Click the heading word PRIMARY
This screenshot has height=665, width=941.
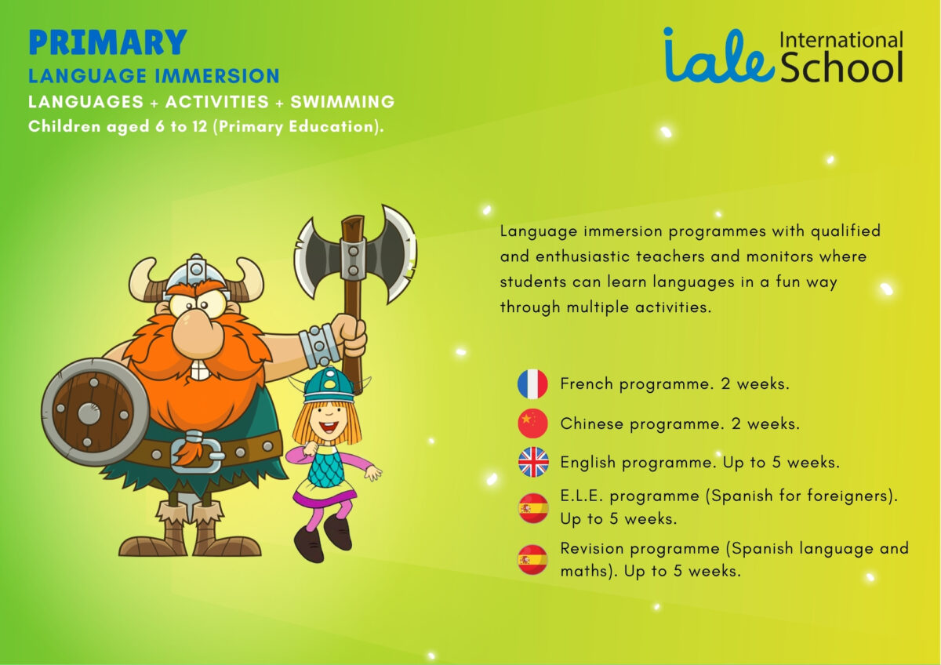(107, 42)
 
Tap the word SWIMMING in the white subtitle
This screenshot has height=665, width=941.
(343, 102)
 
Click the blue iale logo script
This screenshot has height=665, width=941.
(719, 55)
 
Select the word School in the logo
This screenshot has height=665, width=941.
(841, 67)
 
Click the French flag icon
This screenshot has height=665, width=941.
(532, 383)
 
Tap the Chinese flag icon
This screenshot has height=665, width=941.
(532, 423)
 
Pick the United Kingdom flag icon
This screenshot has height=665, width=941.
(533, 462)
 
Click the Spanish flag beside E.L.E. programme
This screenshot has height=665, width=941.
(533, 508)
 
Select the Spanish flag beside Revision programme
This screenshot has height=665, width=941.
(532, 560)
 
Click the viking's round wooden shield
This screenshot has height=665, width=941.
(95, 412)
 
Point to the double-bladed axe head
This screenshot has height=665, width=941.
(355, 254)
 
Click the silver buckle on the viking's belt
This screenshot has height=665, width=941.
(196, 452)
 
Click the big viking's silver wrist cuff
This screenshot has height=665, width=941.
(319, 346)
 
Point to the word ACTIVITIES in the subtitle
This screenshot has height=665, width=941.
(216, 102)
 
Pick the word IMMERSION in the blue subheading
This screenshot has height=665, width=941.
(216, 76)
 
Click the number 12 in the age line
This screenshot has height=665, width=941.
(200, 126)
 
